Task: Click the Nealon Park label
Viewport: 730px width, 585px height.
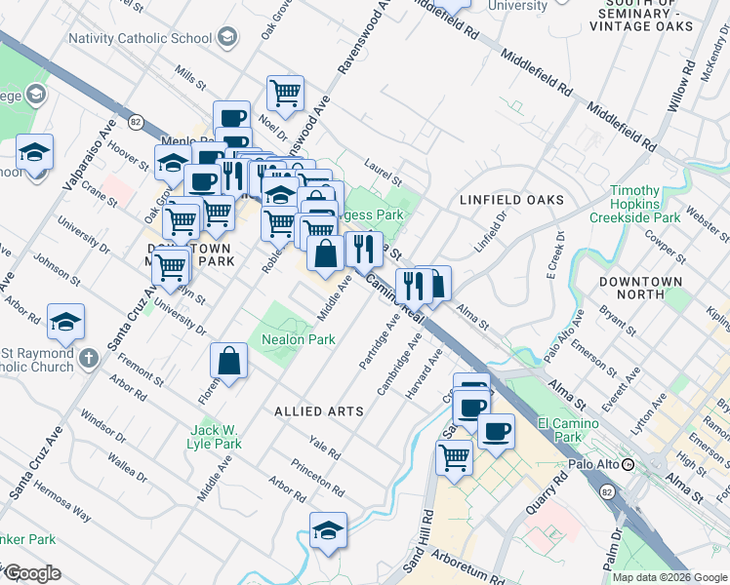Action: pyautogui.click(x=299, y=339)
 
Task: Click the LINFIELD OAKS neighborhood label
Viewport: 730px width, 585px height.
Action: pyautogui.click(x=511, y=200)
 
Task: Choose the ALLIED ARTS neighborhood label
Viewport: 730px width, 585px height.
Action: pyautogui.click(x=319, y=411)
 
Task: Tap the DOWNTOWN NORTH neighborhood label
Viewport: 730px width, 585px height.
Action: pyautogui.click(x=640, y=289)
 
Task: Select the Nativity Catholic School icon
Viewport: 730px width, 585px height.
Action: pyautogui.click(x=226, y=39)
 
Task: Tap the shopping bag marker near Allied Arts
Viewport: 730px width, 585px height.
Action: pyautogui.click(x=228, y=361)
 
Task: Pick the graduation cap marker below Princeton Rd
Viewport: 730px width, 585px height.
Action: pyautogui.click(x=329, y=531)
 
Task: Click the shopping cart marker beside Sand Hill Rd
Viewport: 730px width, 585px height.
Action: pyautogui.click(x=454, y=454)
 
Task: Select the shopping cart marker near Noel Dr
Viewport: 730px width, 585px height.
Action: pyautogui.click(x=285, y=94)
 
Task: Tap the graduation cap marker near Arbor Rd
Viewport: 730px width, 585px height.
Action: pyautogui.click(x=65, y=321)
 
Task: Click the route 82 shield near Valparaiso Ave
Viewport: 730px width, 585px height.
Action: pyautogui.click(x=136, y=122)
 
